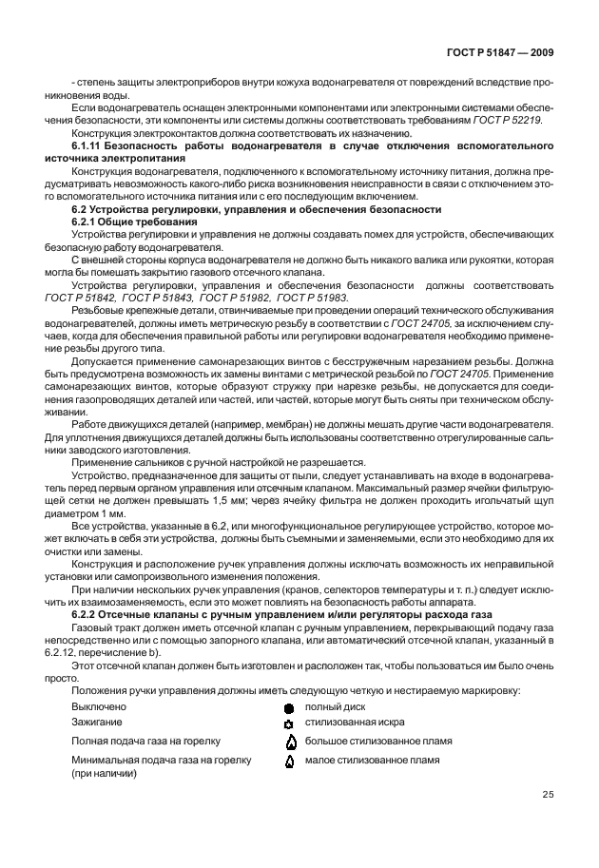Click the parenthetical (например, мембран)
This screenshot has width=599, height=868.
pos(241,422)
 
